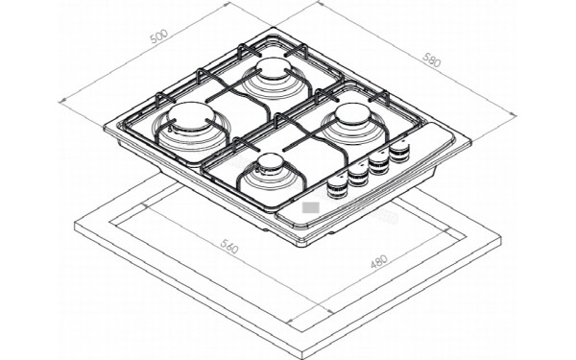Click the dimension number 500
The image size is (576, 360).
click(x=159, y=36)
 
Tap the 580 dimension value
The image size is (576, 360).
click(x=431, y=60)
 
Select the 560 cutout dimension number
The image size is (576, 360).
click(x=229, y=246)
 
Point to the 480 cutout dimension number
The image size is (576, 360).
click(x=379, y=261)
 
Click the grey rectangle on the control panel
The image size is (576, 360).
click(x=311, y=207)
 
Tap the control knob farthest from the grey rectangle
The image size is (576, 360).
click(x=399, y=151)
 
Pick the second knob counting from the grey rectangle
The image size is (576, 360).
click(x=358, y=176)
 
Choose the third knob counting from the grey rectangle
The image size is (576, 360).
click(x=379, y=163)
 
